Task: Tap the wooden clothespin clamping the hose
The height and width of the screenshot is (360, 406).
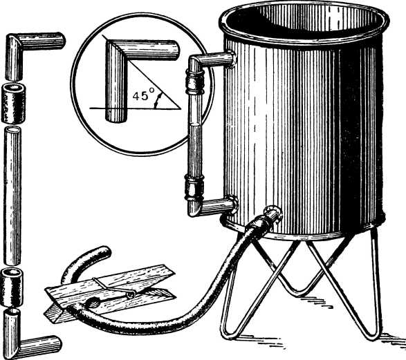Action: click(x=110, y=293)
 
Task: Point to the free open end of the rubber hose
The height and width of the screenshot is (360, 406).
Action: click(x=106, y=252)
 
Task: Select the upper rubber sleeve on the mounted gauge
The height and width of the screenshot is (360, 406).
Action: click(x=195, y=82)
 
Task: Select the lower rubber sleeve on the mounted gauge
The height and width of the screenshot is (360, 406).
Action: click(x=194, y=187)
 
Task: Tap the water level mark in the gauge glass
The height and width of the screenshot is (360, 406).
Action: click(x=195, y=125)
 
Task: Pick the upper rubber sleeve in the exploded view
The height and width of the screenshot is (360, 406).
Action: click(x=13, y=103)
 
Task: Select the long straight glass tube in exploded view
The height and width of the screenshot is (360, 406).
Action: click(x=12, y=196)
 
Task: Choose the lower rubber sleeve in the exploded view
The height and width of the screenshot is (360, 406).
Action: click(x=12, y=287)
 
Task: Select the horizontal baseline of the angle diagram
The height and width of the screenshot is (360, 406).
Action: click(x=135, y=108)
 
